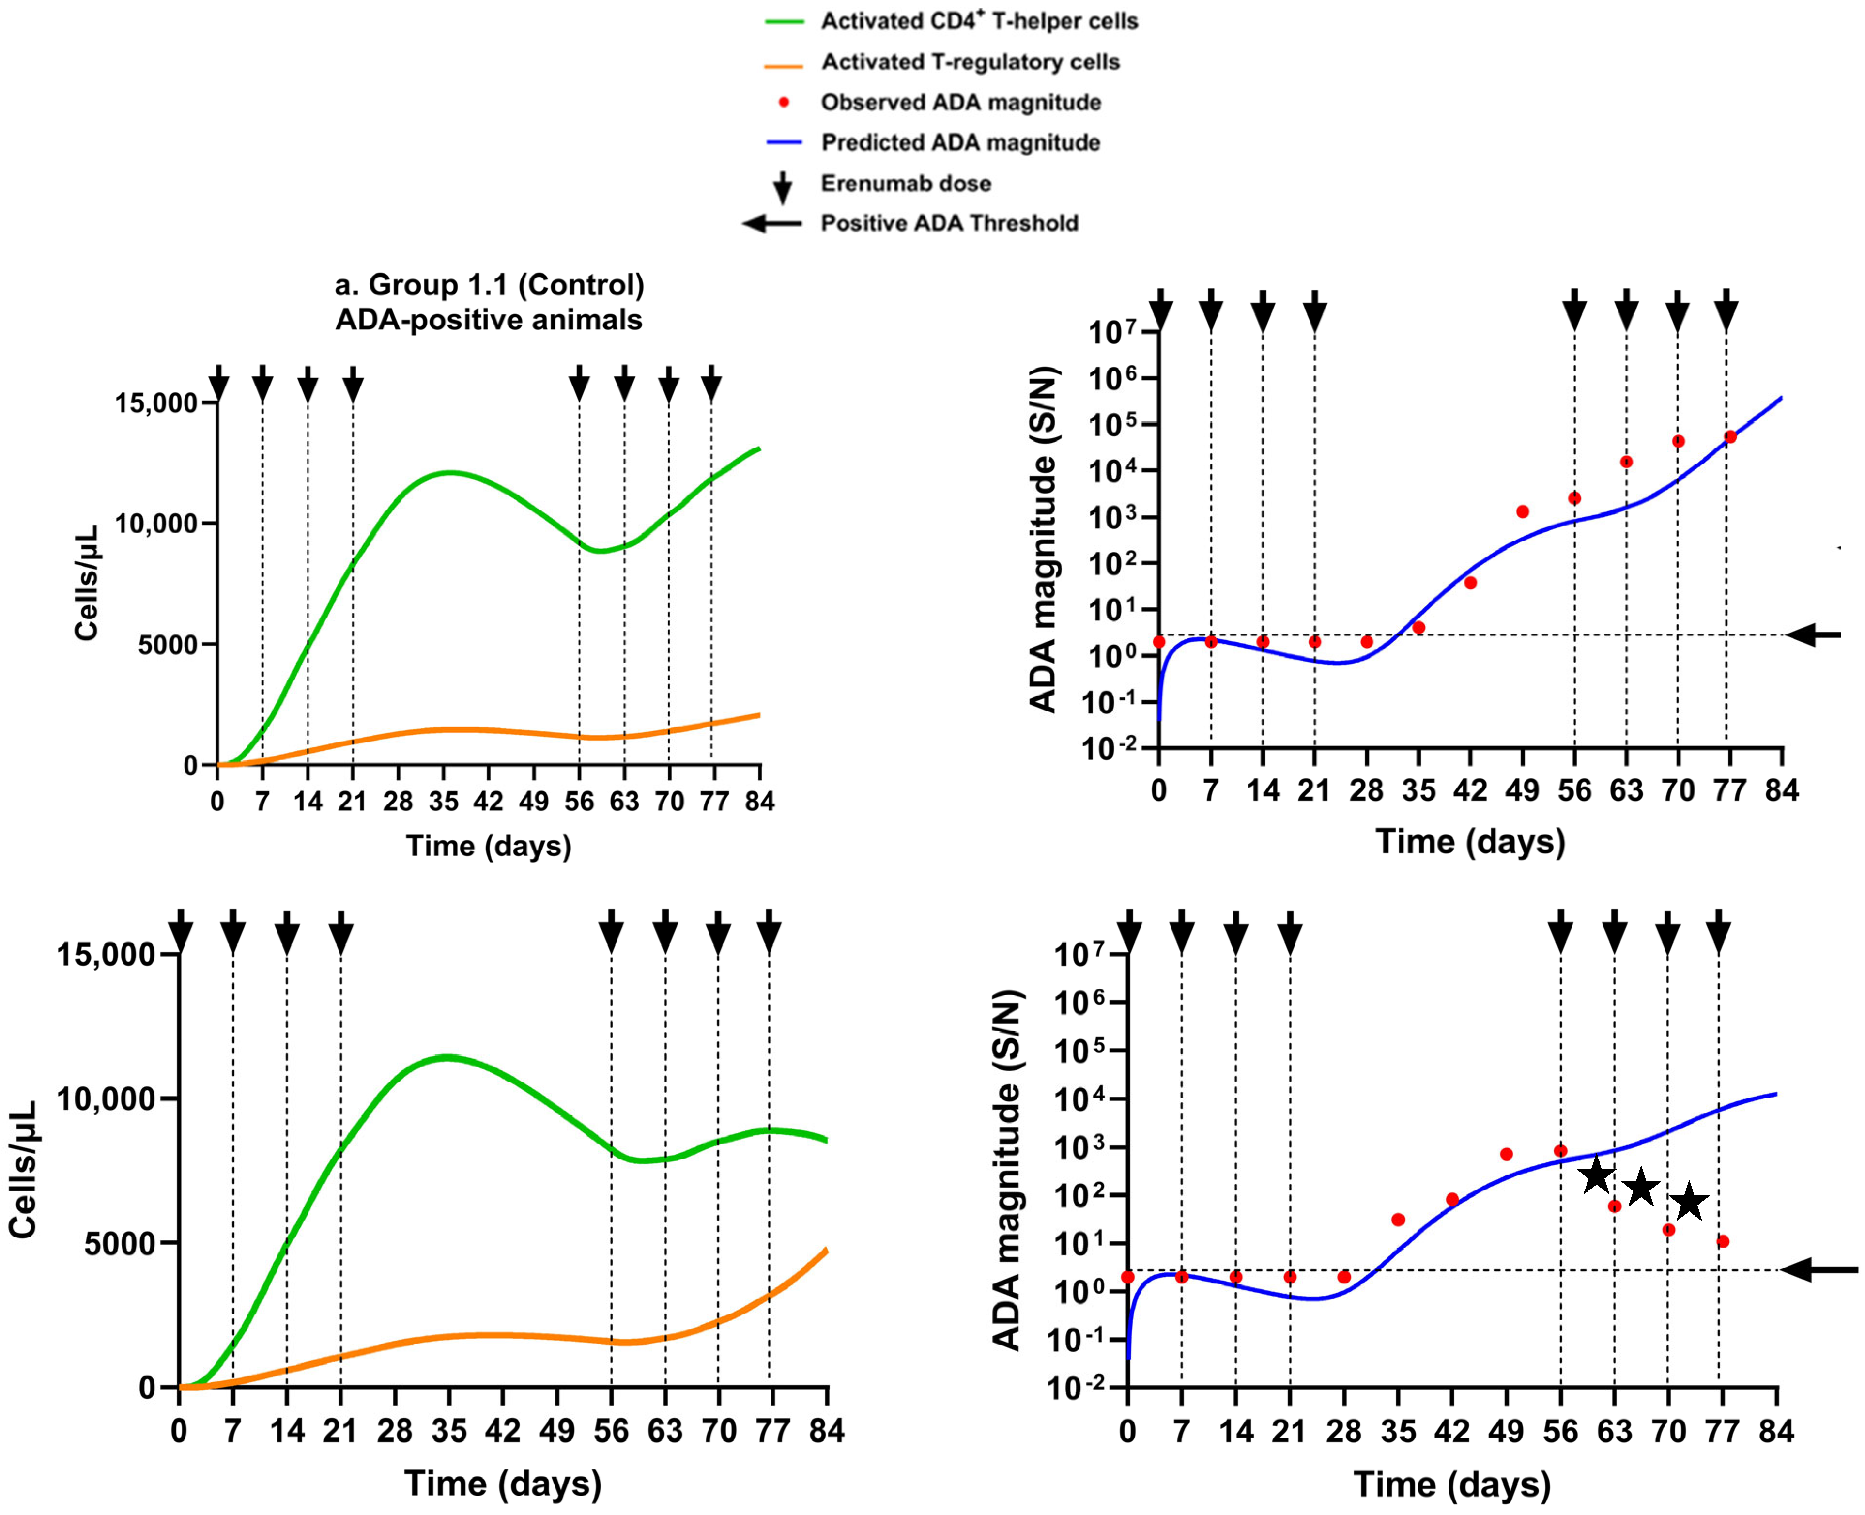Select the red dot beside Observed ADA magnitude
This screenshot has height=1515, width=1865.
tap(784, 102)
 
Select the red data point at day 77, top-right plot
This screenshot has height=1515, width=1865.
tap(1730, 436)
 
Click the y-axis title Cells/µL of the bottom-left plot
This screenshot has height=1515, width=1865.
tap(24, 1169)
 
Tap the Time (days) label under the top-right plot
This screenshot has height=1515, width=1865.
tap(1470, 841)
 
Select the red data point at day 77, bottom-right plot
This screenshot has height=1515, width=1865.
tap(1722, 1241)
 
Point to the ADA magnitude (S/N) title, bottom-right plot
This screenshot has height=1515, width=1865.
tap(1007, 1169)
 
